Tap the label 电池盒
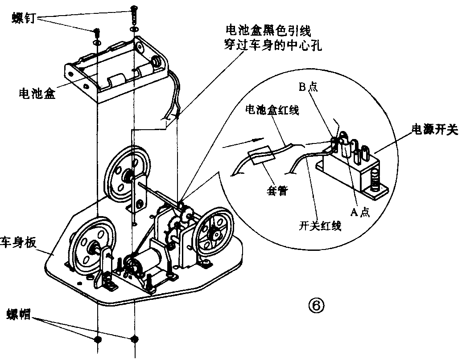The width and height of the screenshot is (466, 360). coord(37,94)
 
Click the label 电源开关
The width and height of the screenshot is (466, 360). coord(434,131)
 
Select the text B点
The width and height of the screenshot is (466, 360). coord(308,88)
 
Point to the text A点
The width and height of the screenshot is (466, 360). coord(359,212)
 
